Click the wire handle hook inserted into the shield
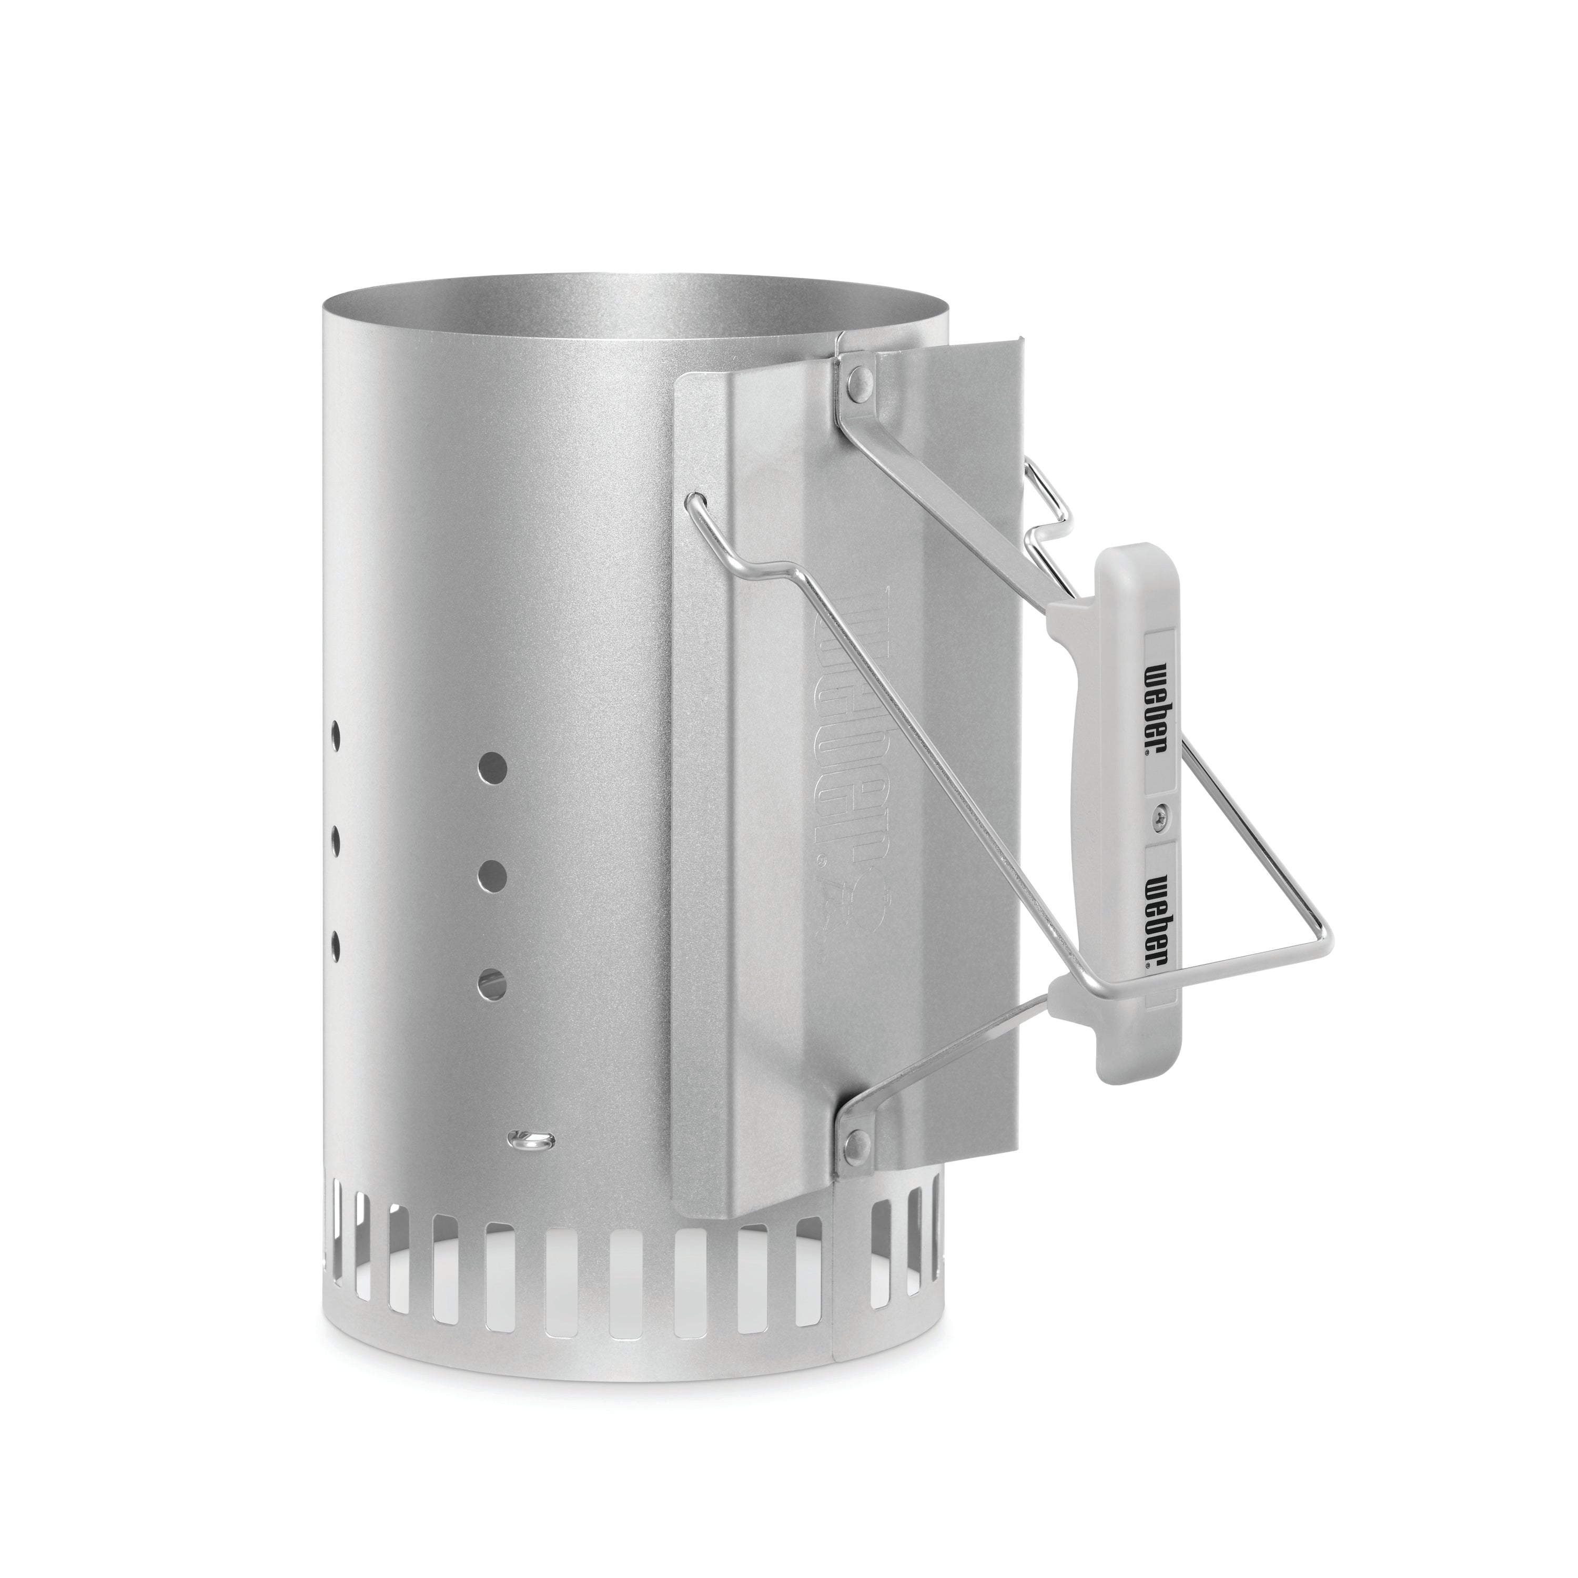pos(696,500)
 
